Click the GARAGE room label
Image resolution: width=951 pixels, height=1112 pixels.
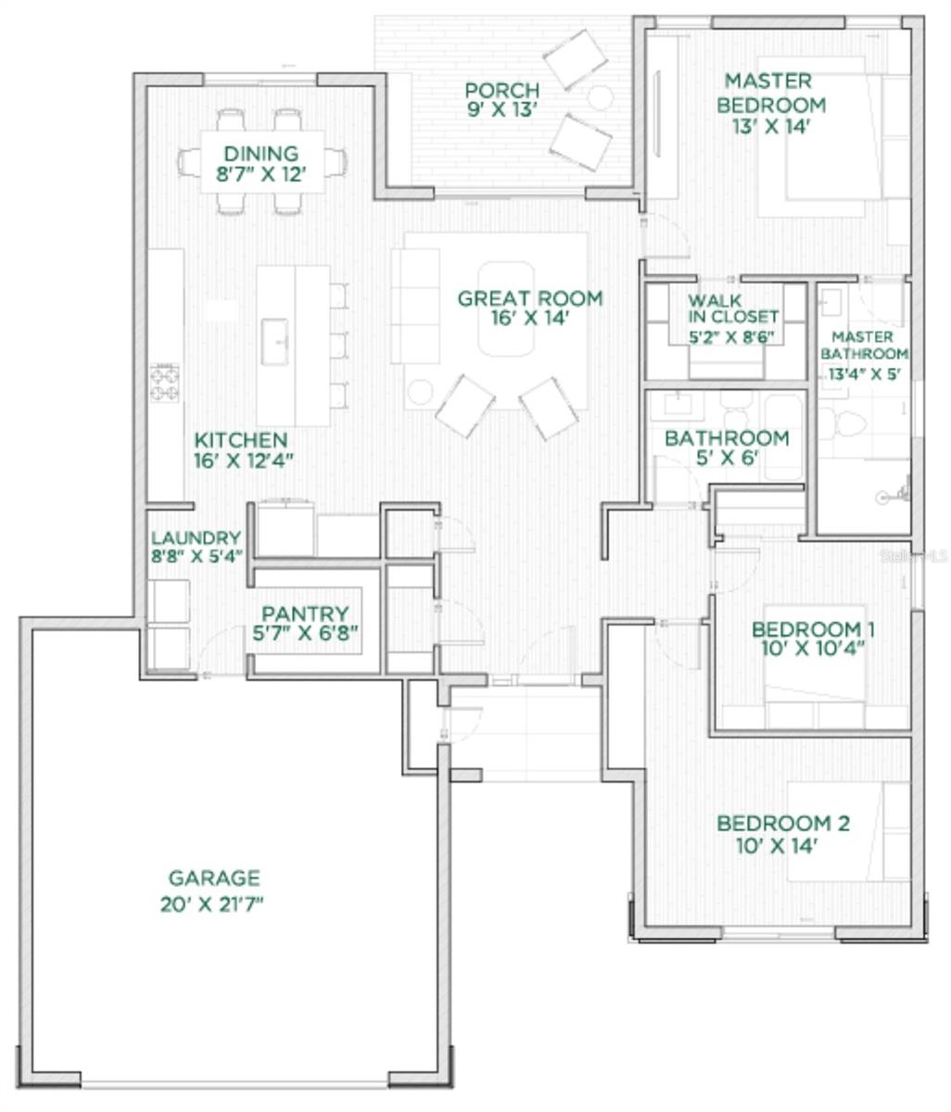click(214, 878)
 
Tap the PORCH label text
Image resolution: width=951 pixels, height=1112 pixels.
click(501, 90)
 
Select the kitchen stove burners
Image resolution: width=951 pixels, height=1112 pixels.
click(165, 383)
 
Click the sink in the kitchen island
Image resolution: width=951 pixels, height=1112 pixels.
click(274, 342)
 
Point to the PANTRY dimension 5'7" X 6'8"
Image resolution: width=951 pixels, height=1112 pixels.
click(305, 633)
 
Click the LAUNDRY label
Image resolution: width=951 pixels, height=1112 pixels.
click(196, 537)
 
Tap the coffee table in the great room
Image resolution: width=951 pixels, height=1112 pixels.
click(505, 309)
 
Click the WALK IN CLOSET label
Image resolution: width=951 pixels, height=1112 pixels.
click(733, 309)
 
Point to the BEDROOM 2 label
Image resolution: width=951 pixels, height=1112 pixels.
click(783, 823)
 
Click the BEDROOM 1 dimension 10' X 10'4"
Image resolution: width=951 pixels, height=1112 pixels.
click(813, 649)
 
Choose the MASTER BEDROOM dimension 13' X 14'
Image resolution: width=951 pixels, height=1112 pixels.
click(770, 126)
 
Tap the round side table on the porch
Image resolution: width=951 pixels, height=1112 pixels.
click(600, 98)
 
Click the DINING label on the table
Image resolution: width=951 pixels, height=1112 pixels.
click(261, 153)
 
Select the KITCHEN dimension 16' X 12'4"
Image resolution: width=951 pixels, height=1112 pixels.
click(243, 461)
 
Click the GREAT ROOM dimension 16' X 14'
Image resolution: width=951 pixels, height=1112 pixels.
click(529, 318)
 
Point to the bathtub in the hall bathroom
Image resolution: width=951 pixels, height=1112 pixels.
click(783, 436)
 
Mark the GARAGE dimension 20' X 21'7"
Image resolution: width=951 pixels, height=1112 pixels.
click(211, 904)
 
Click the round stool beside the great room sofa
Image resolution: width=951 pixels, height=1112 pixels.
click(420, 392)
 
